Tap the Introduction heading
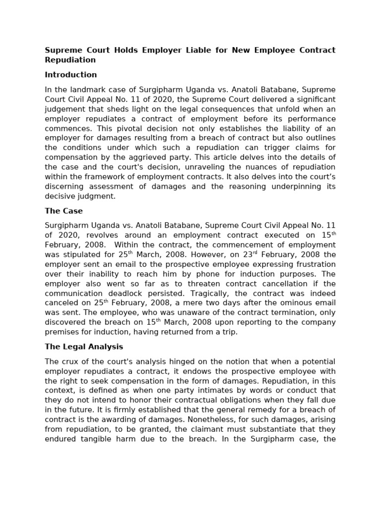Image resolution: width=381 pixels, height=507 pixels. pyautogui.click(x=70, y=75)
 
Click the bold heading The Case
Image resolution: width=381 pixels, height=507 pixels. pyautogui.click(x=63, y=211)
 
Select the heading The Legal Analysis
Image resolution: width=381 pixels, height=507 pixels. pyautogui.click(x=84, y=347)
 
